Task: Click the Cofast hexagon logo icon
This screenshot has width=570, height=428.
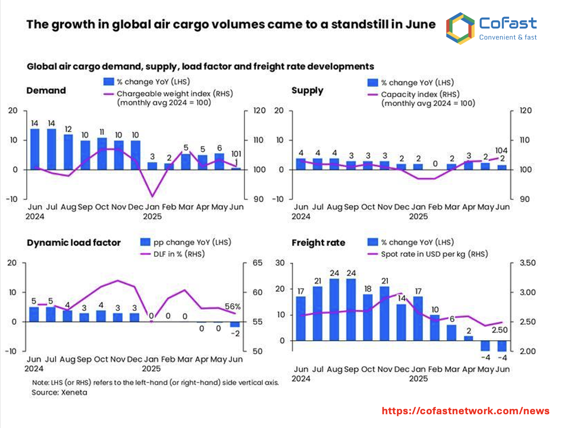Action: click(x=460, y=28)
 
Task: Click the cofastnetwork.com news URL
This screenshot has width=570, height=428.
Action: click(x=465, y=411)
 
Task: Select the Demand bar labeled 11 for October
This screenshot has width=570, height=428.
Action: click(x=102, y=154)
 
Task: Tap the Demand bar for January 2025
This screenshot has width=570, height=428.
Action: click(x=152, y=166)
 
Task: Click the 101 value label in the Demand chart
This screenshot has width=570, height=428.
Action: click(x=236, y=154)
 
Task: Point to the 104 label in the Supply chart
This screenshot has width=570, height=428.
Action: click(x=501, y=150)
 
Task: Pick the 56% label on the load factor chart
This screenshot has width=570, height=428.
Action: click(x=232, y=306)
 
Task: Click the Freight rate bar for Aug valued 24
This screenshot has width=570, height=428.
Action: click(x=334, y=309)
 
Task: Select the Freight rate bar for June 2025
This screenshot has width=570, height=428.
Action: click(x=502, y=346)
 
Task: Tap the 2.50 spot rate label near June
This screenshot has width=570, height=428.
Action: click(x=500, y=330)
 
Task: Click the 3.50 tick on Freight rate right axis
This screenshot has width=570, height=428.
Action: click(x=527, y=263)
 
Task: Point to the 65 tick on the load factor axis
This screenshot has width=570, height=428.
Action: click(x=257, y=263)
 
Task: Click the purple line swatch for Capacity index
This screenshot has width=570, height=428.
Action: click(x=372, y=95)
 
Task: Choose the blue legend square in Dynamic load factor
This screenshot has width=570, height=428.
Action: click(x=145, y=242)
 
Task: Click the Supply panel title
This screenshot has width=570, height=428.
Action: click(x=307, y=90)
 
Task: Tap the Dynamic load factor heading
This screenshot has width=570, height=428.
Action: click(x=74, y=243)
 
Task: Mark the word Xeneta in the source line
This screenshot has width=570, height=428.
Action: click(x=74, y=392)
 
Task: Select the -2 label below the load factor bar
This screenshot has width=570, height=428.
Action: click(x=235, y=333)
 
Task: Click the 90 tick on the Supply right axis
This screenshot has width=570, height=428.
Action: click(x=525, y=199)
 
